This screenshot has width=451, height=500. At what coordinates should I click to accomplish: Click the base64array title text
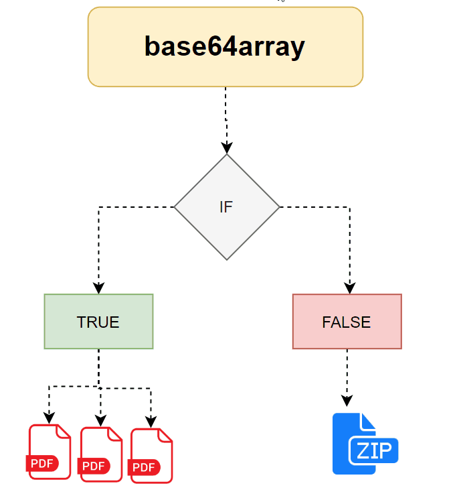coord(225,46)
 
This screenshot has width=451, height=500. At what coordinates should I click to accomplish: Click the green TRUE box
coord(98,322)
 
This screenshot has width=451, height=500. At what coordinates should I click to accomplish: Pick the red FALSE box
coord(347,322)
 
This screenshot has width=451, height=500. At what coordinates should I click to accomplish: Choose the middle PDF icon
coord(101,454)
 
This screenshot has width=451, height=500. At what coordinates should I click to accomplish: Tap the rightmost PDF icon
coord(151,456)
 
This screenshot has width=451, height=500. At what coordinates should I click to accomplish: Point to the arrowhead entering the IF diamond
coord(227,147)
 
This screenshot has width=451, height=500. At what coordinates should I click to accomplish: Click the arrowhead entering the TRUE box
coord(98,288)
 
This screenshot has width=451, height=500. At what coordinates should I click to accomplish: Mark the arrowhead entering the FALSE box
coord(349,288)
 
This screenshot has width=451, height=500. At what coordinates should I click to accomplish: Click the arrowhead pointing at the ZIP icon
coord(347,401)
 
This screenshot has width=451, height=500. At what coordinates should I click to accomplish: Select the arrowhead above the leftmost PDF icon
coord(49,418)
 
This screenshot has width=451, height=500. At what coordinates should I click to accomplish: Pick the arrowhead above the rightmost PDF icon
coord(151,422)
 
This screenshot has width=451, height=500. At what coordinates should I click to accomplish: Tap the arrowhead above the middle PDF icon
coord(100,421)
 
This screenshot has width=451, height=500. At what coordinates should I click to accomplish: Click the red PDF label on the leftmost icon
coord(42,462)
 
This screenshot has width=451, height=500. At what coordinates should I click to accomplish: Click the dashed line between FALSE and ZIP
coord(347,372)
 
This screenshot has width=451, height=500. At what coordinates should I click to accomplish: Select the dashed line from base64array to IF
coord(226,114)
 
